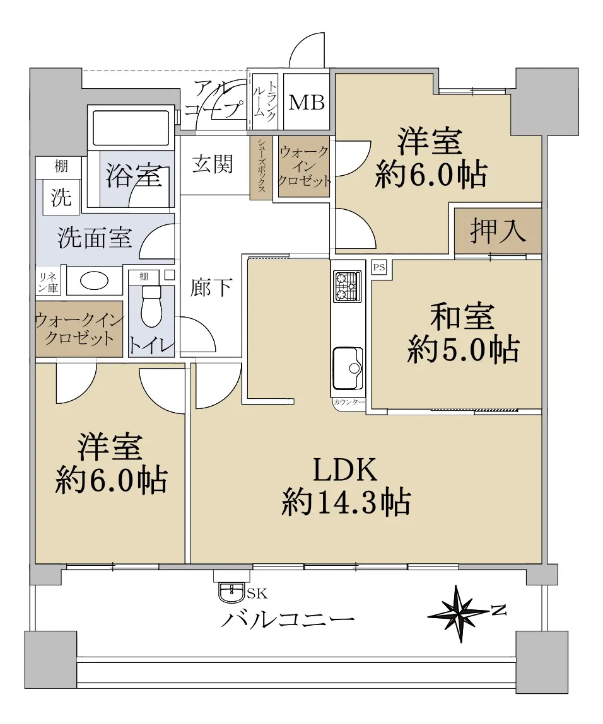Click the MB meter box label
[x=307, y=102]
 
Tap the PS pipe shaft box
[x=379, y=268]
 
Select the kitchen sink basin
[x=347, y=368]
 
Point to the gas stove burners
[x=347, y=287]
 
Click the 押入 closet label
[x=498, y=231]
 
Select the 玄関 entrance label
[x=213, y=164]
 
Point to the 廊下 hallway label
[x=211, y=287]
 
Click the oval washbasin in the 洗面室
[x=94, y=280]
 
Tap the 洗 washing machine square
[x=61, y=197]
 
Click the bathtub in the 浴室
[x=131, y=127]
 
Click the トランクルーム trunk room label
[x=266, y=102]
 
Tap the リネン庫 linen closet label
[x=48, y=282]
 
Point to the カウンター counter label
[x=349, y=402]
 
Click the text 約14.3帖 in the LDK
[x=346, y=502]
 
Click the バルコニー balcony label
[x=288, y=618]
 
